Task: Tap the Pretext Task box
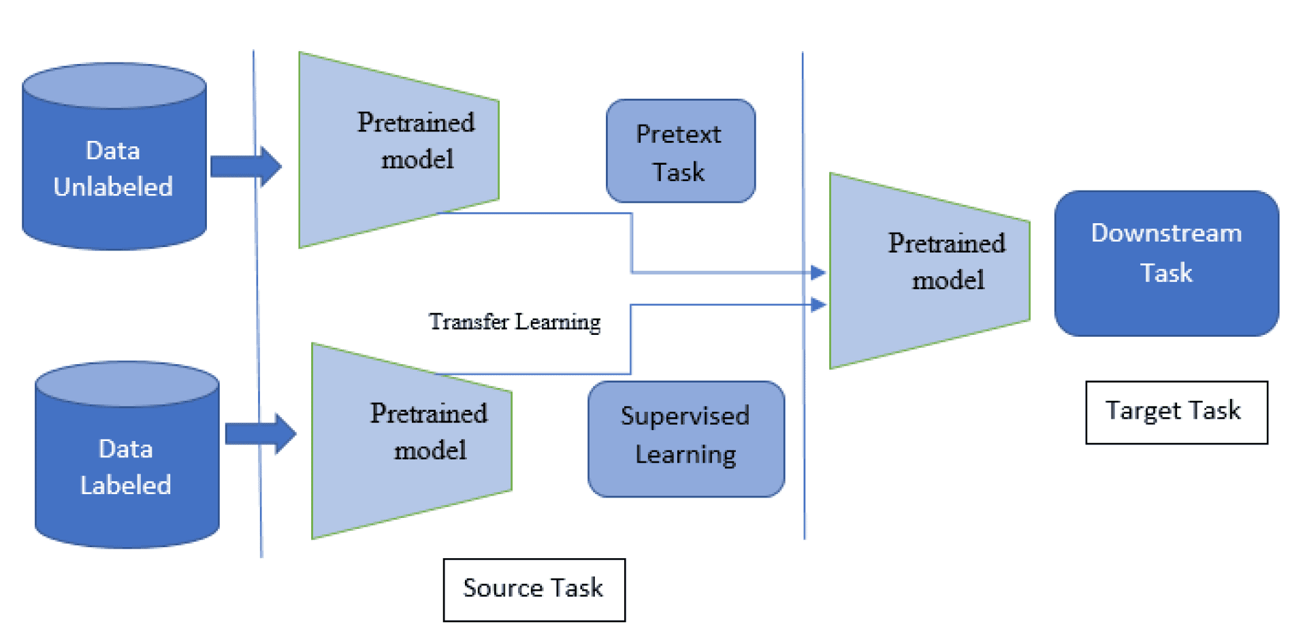coord(680,151)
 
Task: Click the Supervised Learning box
coord(685,439)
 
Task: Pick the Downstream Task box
coord(1166,263)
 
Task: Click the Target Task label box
coord(1176,412)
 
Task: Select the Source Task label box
coord(534,589)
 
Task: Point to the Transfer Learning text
coord(515,321)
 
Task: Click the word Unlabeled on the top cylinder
coord(113,186)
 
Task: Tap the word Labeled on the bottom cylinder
coord(125,485)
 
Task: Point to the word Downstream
coord(1166,233)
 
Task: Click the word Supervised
coord(685,416)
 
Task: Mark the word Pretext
coord(678,134)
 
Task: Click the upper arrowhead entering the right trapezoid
coord(819,273)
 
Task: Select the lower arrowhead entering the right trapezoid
coord(819,304)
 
